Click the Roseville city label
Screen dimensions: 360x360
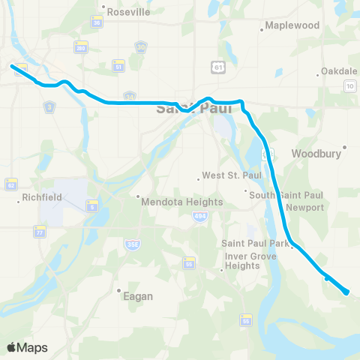pyautogui.click(x=129, y=13)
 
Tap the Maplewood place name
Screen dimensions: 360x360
pyautogui.click(x=292, y=25)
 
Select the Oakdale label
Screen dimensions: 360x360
pyautogui.click(x=339, y=70)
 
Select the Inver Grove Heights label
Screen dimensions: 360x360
pyautogui.click(x=242, y=260)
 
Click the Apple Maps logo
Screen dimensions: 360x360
pyautogui.click(x=27, y=347)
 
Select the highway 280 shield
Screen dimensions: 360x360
pyautogui.click(x=79, y=47)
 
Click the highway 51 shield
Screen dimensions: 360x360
pyautogui.click(x=118, y=65)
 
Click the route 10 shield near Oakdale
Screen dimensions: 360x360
pyautogui.click(x=349, y=87)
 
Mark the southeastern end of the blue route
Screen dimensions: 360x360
pyautogui.click(x=347, y=292)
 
